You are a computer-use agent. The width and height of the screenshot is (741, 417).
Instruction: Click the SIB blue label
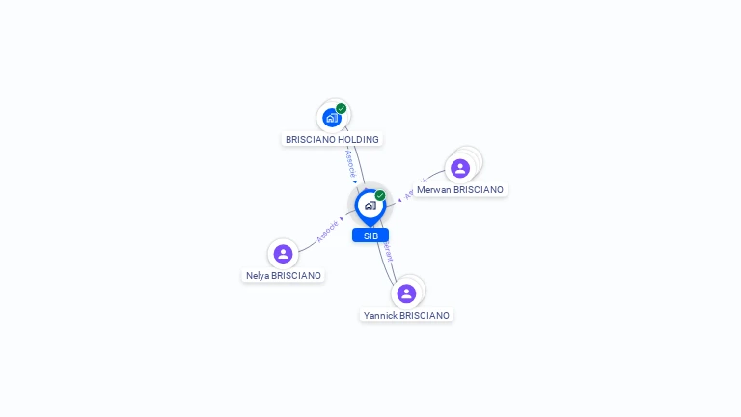point(370,236)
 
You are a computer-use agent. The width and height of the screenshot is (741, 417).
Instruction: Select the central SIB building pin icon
point(370,206)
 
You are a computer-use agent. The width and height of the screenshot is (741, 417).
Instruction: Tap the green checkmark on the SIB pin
point(380,195)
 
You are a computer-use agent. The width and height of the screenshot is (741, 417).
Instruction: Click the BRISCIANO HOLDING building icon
point(332,118)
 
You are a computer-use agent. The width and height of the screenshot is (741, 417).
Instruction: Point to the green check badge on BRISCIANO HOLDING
point(342,108)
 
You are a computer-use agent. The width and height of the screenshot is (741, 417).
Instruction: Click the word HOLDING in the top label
point(357,140)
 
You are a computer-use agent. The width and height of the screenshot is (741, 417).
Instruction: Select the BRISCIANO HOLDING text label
point(332,140)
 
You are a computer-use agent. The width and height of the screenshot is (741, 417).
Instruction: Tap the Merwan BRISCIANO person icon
point(460,168)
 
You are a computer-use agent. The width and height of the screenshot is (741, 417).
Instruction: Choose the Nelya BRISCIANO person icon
point(283,254)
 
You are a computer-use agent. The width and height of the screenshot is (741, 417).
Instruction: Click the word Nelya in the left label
point(258,276)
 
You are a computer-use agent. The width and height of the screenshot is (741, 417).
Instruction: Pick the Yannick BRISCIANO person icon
point(406,293)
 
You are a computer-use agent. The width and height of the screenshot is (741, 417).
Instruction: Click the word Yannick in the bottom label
point(380,316)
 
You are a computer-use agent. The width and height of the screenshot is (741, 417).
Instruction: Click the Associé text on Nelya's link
point(326,232)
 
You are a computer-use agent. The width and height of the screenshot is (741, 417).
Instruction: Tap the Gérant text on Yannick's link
point(388,251)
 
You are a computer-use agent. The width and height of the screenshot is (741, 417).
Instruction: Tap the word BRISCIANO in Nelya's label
point(296,276)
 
